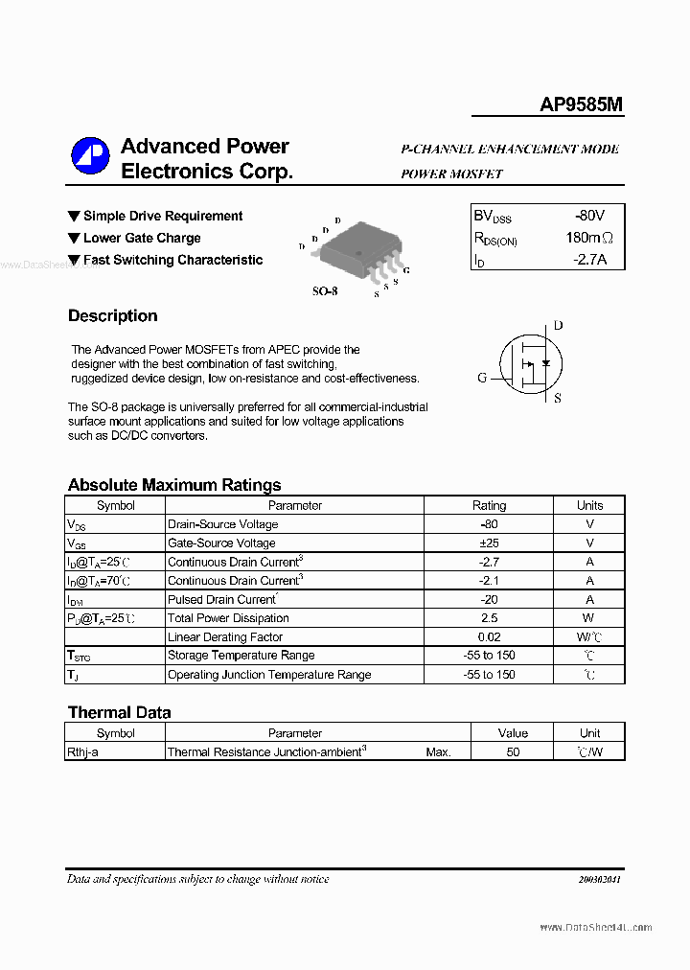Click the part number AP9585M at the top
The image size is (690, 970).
point(581,104)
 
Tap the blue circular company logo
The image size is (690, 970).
point(91,157)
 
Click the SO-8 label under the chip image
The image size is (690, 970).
point(325,290)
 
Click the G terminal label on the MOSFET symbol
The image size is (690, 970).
point(482,378)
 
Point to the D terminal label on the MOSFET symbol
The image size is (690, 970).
point(558,326)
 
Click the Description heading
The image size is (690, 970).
point(112,316)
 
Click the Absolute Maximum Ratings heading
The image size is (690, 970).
point(174,485)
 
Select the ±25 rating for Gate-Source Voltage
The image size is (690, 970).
point(490,543)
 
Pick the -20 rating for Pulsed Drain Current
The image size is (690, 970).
point(490,599)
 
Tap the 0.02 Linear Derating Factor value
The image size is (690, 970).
point(490,637)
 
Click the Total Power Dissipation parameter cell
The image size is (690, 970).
point(228,618)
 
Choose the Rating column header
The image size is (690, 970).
point(490,505)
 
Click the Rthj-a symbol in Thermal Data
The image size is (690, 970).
point(82,752)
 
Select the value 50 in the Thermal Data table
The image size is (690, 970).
point(513,752)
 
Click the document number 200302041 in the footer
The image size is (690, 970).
point(599,880)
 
